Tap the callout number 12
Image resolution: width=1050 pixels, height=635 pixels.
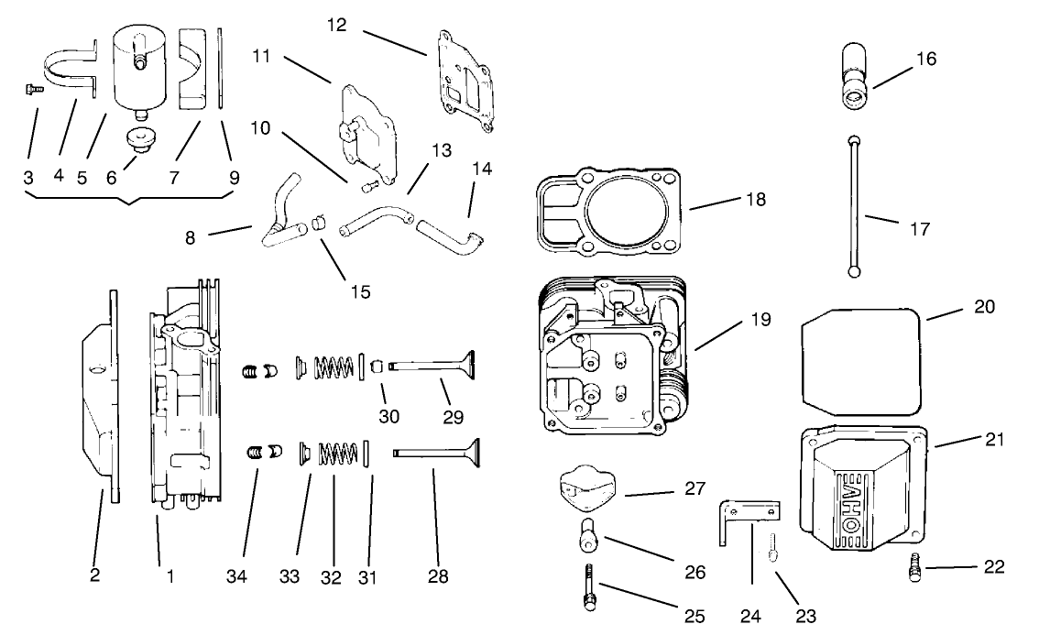click(x=336, y=24)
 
